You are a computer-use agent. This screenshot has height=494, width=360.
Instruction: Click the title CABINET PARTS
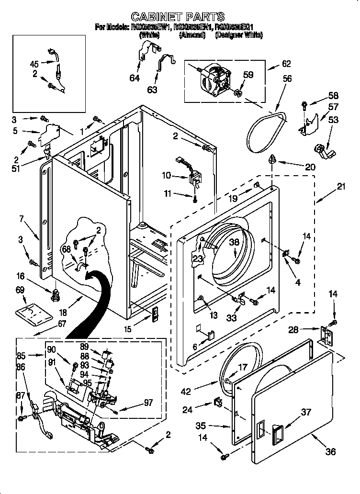(178, 18)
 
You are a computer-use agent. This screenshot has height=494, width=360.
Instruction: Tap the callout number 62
(286, 63)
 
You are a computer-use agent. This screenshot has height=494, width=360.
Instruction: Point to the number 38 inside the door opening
(234, 242)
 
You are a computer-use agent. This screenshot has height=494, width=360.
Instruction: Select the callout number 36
(331, 451)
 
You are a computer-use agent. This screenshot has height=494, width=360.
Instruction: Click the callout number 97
(147, 403)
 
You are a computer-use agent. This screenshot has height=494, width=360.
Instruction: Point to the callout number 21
(340, 187)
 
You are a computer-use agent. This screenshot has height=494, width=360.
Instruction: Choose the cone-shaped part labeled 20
(272, 160)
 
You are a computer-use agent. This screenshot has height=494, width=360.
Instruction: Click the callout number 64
(135, 78)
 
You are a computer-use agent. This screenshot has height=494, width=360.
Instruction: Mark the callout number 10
(166, 176)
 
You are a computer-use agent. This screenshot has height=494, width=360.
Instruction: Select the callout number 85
(21, 356)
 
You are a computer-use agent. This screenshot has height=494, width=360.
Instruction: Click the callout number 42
(186, 392)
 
